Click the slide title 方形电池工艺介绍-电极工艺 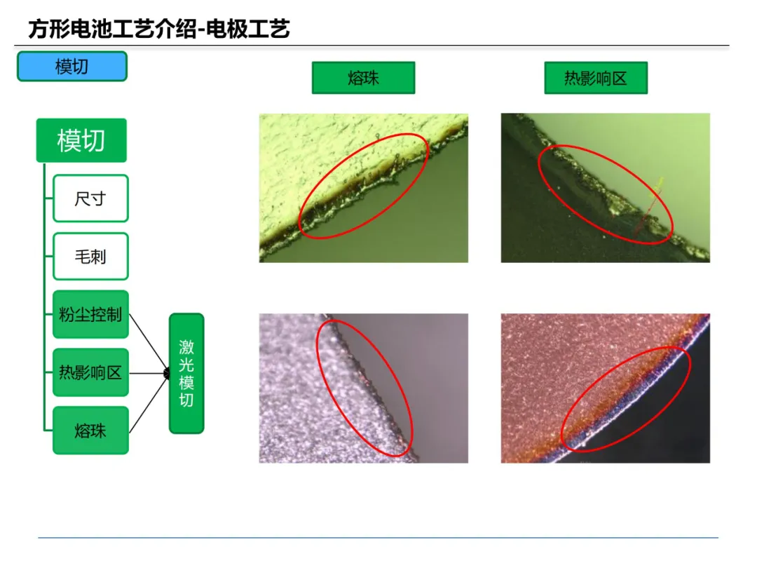(159, 29)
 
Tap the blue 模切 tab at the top (72, 66)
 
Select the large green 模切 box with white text (81, 140)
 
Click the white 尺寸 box (90, 198)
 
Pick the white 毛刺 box (90, 257)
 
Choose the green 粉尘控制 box (90, 314)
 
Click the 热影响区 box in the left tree (90, 372)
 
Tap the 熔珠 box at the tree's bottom (90, 431)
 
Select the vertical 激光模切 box (186, 373)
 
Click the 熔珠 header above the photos (364, 78)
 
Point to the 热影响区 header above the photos (596, 78)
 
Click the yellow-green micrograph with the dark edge (364, 188)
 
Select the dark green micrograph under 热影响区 (606, 188)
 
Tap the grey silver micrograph (364, 388)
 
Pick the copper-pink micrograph (606, 388)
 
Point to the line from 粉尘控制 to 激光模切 (149, 344)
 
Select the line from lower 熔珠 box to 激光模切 (149, 403)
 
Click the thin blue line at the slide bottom (378, 538)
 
